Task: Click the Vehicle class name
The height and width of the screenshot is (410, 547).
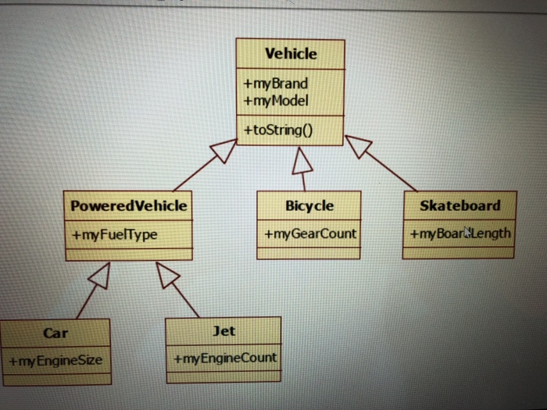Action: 291,54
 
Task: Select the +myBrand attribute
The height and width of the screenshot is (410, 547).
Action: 275,84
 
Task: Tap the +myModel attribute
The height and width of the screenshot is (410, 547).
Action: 276,100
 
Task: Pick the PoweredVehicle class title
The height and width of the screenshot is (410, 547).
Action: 129,206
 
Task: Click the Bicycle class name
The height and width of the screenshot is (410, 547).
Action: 309,206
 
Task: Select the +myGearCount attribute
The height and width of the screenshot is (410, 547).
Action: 310,234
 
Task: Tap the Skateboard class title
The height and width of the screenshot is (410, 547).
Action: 459,205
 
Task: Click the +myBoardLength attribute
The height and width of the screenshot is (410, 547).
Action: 459,233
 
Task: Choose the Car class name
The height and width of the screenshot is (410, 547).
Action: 55,333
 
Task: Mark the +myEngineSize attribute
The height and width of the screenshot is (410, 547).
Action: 55,361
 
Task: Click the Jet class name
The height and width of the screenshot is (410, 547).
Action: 223,331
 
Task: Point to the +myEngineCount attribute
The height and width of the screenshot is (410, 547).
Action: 224,358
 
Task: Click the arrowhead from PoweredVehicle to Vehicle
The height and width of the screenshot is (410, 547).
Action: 223,150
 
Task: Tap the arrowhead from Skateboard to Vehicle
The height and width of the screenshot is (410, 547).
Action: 358,146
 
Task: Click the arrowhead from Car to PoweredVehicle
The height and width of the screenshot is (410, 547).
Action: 99,273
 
